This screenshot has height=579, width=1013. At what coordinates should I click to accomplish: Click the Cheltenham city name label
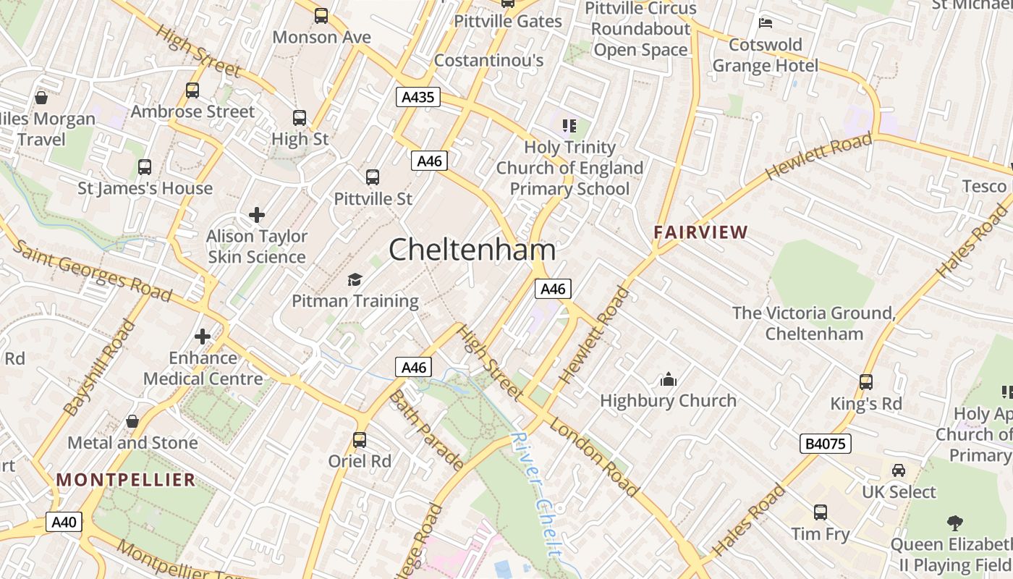pyautogui.click(x=472, y=250)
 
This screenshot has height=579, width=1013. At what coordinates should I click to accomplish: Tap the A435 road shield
pyautogui.click(x=418, y=97)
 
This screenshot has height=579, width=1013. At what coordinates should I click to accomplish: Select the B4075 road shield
pyautogui.click(x=825, y=444)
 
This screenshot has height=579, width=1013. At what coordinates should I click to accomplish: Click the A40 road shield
pyautogui.click(x=64, y=522)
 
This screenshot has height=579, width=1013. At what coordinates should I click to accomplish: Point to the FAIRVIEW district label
pyautogui.click(x=700, y=232)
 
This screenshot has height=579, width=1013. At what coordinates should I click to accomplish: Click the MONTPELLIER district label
pyautogui.click(x=126, y=480)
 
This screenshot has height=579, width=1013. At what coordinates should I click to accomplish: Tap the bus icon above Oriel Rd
pyautogui.click(x=360, y=439)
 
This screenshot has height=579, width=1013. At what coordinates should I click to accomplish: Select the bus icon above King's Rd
pyautogui.click(x=865, y=381)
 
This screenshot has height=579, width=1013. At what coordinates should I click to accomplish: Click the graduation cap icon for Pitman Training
pyautogui.click(x=355, y=279)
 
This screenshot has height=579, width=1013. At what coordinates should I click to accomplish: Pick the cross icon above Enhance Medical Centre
pyautogui.click(x=203, y=337)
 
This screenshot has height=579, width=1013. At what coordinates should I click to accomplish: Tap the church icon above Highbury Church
pyautogui.click(x=668, y=379)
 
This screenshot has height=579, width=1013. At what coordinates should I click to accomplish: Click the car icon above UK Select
pyautogui.click(x=898, y=470)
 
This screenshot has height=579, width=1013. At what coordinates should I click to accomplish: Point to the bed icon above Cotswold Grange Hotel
pyautogui.click(x=766, y=23)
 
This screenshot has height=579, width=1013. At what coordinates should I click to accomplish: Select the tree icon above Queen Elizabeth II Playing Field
pyautogui.click(x=955, y=523)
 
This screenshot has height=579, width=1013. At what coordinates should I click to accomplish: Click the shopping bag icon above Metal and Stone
pyautogui.click(x=132, y=421)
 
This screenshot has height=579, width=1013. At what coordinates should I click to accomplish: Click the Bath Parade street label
pyautogui.click(x=425, y=430)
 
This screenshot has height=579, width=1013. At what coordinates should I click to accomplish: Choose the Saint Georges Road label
pyautogui.click(x=92, y=270)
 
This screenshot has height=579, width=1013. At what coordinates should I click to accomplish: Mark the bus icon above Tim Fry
pyautogui.click(x=820, y=512)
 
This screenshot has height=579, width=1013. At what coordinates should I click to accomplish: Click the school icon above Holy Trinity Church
pyautogui.click(x=569, y=126)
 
